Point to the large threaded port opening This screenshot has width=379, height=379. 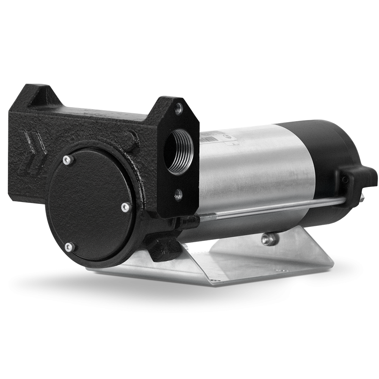179,151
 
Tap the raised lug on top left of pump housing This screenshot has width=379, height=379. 36,92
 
